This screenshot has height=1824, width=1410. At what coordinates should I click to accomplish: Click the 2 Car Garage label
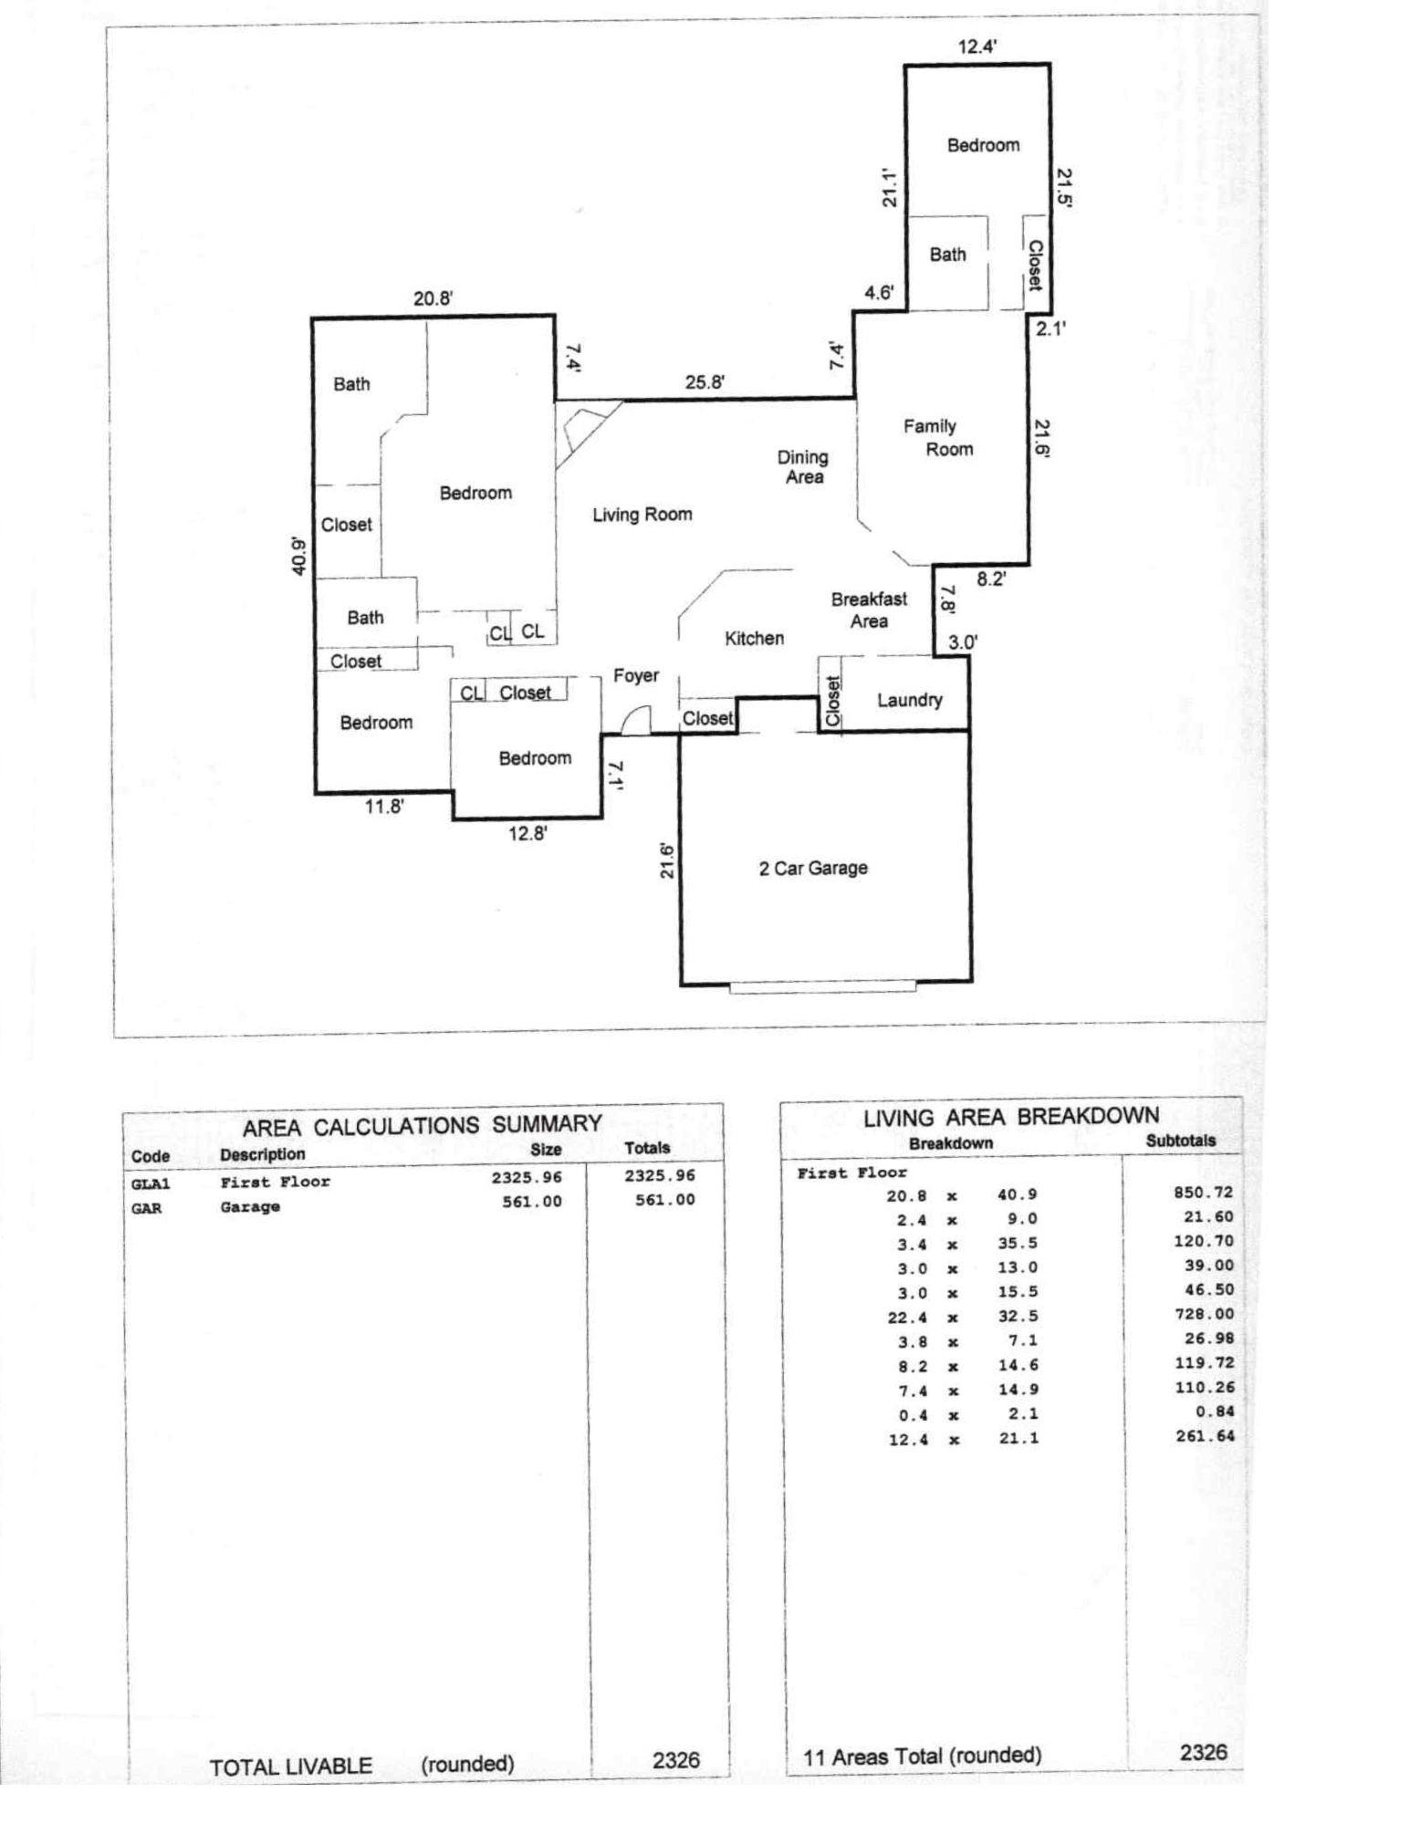(x=812, y=869)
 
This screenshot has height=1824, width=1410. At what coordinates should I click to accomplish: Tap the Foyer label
(x=635, y=676)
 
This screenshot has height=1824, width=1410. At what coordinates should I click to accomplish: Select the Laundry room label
(x=909, y=701)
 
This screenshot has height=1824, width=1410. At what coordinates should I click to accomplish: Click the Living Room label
(x=642, y=516)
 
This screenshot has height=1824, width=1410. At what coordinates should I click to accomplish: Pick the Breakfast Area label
(x=868, y=610)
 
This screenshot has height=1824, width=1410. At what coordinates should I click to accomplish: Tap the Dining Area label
(x=803, y=467)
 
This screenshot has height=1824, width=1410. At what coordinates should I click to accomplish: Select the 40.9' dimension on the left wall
(x=299, y=556)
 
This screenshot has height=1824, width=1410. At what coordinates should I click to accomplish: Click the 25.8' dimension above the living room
(x=705, y=382)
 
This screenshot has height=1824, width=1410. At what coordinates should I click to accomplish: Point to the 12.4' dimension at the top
(x=977, y=47)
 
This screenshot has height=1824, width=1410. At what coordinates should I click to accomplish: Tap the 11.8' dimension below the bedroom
(x=384, y=807)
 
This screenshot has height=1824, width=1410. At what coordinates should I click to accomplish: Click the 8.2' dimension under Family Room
(x=990, y=579)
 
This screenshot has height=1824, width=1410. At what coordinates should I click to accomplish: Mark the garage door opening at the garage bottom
(x=822, y=986)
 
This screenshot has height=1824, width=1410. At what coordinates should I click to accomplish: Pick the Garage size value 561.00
(x=531, y=1202)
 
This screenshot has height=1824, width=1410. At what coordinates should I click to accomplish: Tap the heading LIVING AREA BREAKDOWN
(x=1010, y=1117)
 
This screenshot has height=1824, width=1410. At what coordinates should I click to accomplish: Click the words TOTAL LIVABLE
(x=290, y=1767)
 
